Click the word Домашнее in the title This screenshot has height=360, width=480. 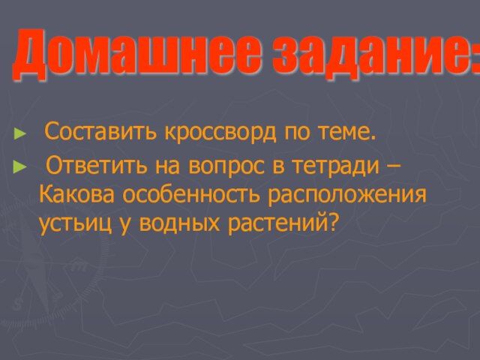coord(137,55)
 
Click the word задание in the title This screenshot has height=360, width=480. coord(368,55)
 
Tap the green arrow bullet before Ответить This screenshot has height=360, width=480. coord(19,167)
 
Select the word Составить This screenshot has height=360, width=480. coord(100,132)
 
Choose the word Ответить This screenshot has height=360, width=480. coord(96,165)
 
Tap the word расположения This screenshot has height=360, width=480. coord(346,196)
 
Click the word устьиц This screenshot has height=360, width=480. coord(75,224)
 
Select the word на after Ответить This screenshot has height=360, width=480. coord(167,167)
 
